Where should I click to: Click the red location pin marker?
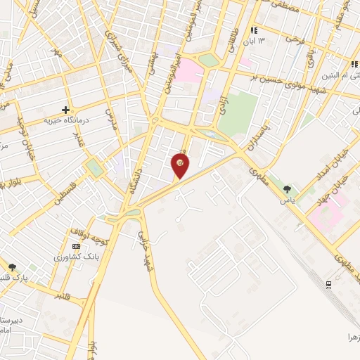pos(181,166)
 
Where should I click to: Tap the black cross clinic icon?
pos(65,110)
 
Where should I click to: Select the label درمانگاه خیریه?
pos(60,121)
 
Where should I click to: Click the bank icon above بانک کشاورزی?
pos(76,246)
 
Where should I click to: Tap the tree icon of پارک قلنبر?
pos(13,267)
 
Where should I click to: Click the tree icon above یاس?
pos(287,188)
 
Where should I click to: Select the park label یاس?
pos(287,200)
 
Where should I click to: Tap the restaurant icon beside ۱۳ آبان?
pos(253,31)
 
